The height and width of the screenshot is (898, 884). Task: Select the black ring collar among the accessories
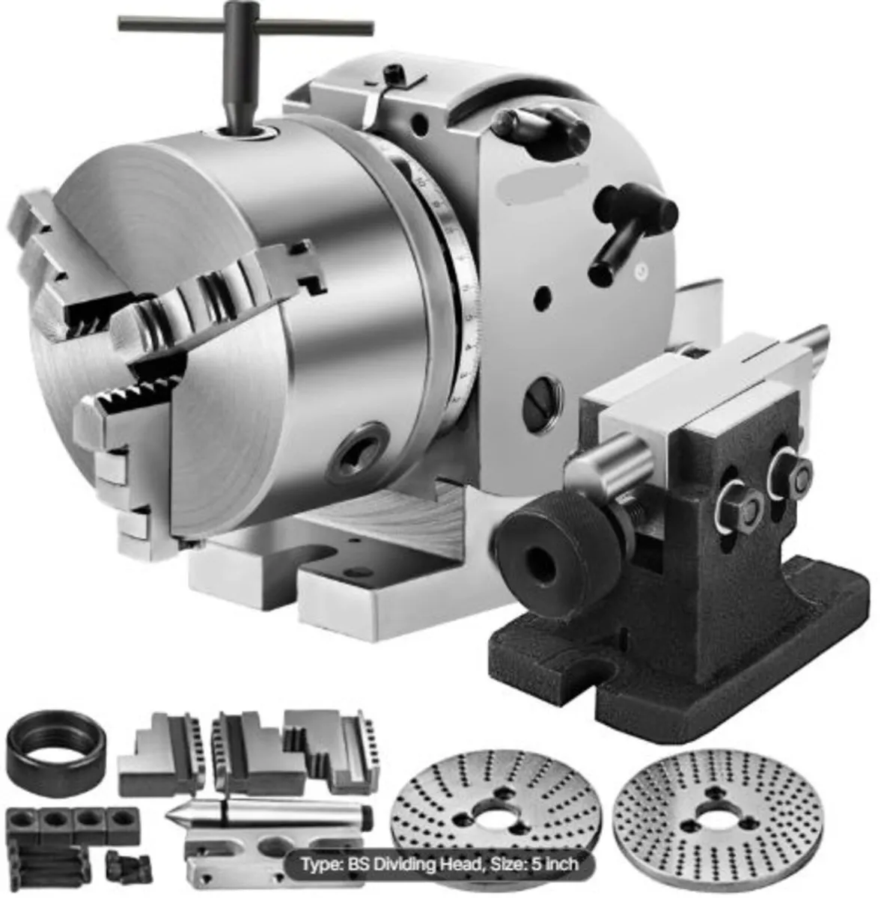(x=54, y=748)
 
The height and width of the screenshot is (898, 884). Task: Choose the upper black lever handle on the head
(x=530, y=123)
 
